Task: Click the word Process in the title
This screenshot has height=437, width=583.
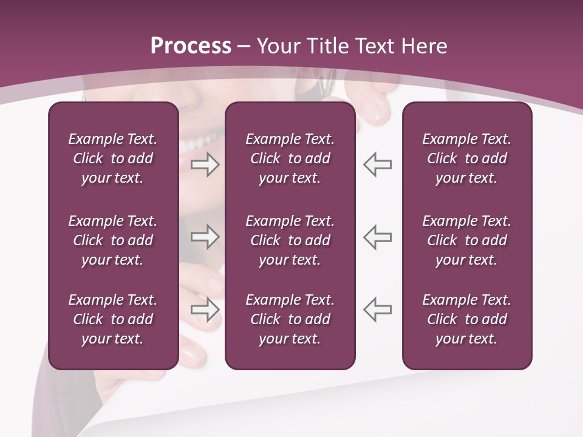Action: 191,46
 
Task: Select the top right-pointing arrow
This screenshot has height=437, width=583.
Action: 205,164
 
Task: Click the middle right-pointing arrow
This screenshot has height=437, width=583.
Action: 205,237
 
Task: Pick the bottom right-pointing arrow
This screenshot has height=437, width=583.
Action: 205,310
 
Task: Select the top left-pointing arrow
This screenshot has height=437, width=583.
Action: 377,164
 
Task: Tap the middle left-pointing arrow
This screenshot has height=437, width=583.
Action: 377,237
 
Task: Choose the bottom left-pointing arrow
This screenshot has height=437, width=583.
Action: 377,310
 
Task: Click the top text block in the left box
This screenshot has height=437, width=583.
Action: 113,158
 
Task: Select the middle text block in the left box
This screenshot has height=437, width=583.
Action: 113,240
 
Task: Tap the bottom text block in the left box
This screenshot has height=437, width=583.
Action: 113,319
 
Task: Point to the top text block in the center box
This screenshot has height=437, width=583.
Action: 290,158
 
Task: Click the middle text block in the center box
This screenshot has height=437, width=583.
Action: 290,240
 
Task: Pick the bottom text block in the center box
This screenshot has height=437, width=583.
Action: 290,319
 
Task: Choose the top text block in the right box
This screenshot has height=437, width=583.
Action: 466,158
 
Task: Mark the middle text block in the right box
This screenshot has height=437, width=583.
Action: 466,240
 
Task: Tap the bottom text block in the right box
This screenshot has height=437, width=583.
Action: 466,319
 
